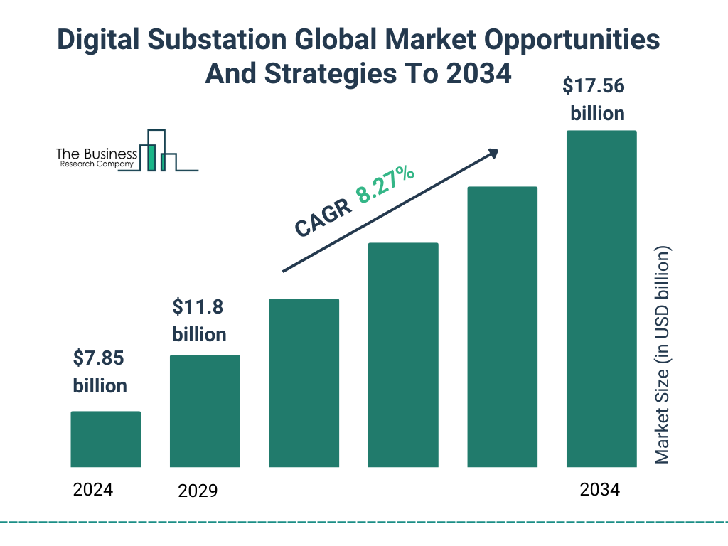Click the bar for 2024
[105, 439]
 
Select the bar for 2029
[205, 411]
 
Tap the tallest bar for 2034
[601, 299]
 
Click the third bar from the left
[304, 383]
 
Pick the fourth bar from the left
[403, 355]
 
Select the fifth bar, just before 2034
[502, 327]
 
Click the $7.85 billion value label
[100, 372]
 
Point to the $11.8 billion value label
[199, 321]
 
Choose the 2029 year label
[198, 491]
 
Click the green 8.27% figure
[385, 184]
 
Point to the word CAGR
[322, 218]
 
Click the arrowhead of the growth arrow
[492, 154]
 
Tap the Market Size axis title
[663, 355]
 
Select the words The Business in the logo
[97, 154]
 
